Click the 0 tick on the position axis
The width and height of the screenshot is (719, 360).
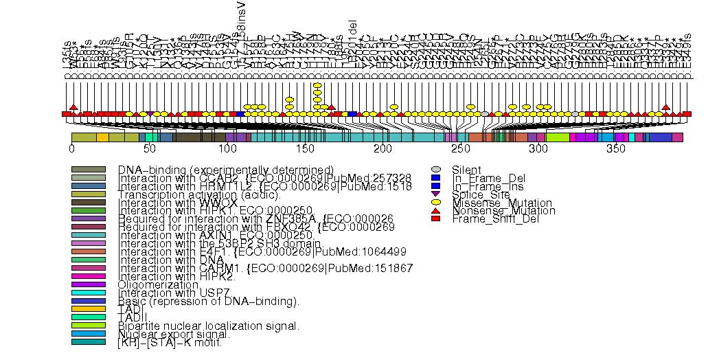(71, 148)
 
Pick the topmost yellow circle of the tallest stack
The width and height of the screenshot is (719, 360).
(317, 86)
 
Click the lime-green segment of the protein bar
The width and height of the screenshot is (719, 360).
(557, 137)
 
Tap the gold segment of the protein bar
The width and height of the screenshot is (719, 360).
(102, 137)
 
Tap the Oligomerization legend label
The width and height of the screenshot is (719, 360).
(158, 284)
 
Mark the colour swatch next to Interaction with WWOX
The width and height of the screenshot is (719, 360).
(88, 202)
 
